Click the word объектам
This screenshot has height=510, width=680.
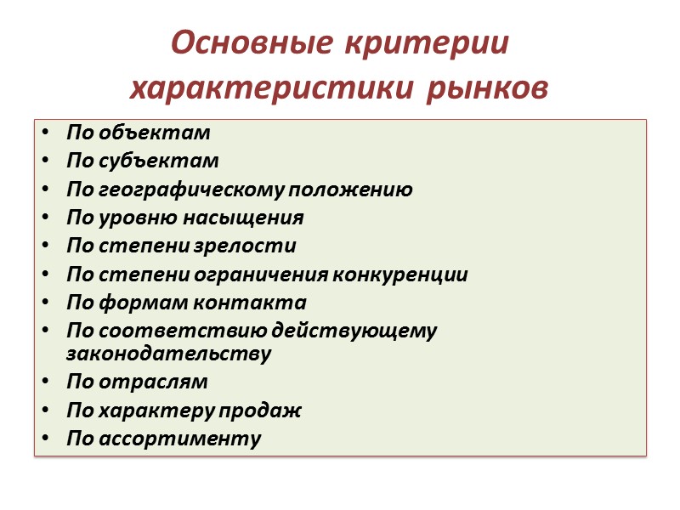155,133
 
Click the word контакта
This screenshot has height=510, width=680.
263,303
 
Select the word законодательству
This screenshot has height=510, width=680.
168,354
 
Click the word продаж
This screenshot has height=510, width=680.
267,411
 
